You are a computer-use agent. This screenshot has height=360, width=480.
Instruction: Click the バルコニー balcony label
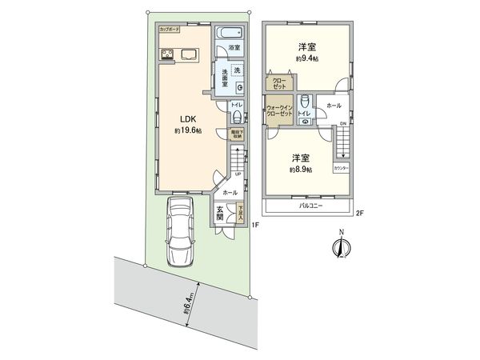coord(310,206)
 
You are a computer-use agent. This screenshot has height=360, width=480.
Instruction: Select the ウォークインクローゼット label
coord(278,110)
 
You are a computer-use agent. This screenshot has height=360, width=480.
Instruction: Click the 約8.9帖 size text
coord(302,170)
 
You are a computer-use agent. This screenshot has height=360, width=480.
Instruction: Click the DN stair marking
coord(343,123)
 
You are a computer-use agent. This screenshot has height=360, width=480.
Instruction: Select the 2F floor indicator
coord(359,213)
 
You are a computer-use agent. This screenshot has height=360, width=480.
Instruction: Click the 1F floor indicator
coord(254,226)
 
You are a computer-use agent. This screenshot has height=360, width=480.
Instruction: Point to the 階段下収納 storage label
coord(237,136)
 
